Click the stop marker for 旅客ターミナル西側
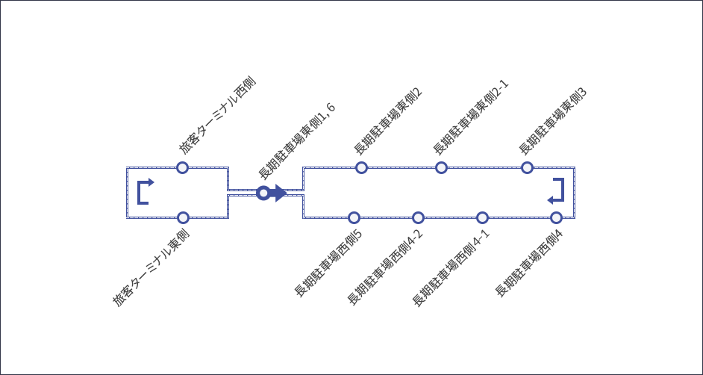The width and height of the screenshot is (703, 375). tap(182, 167)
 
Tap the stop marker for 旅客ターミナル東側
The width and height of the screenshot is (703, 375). tap(183, 217)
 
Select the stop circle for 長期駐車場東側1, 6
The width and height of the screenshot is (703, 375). tap(263, 193)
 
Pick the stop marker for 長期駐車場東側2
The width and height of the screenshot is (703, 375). tap(361, 167)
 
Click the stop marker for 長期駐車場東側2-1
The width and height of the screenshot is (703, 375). tap(441, 167)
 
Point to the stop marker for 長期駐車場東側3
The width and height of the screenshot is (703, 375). tap(527, 167)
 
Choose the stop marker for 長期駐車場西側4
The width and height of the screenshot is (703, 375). tap(556, 217)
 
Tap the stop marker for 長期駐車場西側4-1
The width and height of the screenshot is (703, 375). tap(482, 217)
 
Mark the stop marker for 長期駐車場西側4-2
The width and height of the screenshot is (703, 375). tap(418, 217)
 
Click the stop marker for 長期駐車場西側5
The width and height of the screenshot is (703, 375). tap(354, 217)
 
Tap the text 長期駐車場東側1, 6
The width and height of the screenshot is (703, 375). tap(296, 140)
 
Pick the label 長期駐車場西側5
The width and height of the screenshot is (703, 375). tap(328, 264)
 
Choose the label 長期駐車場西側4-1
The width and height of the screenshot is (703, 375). tap(452, 267)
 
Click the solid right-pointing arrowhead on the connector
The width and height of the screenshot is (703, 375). tap(279, 193)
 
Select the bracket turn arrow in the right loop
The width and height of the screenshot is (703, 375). tap(556, 191)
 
